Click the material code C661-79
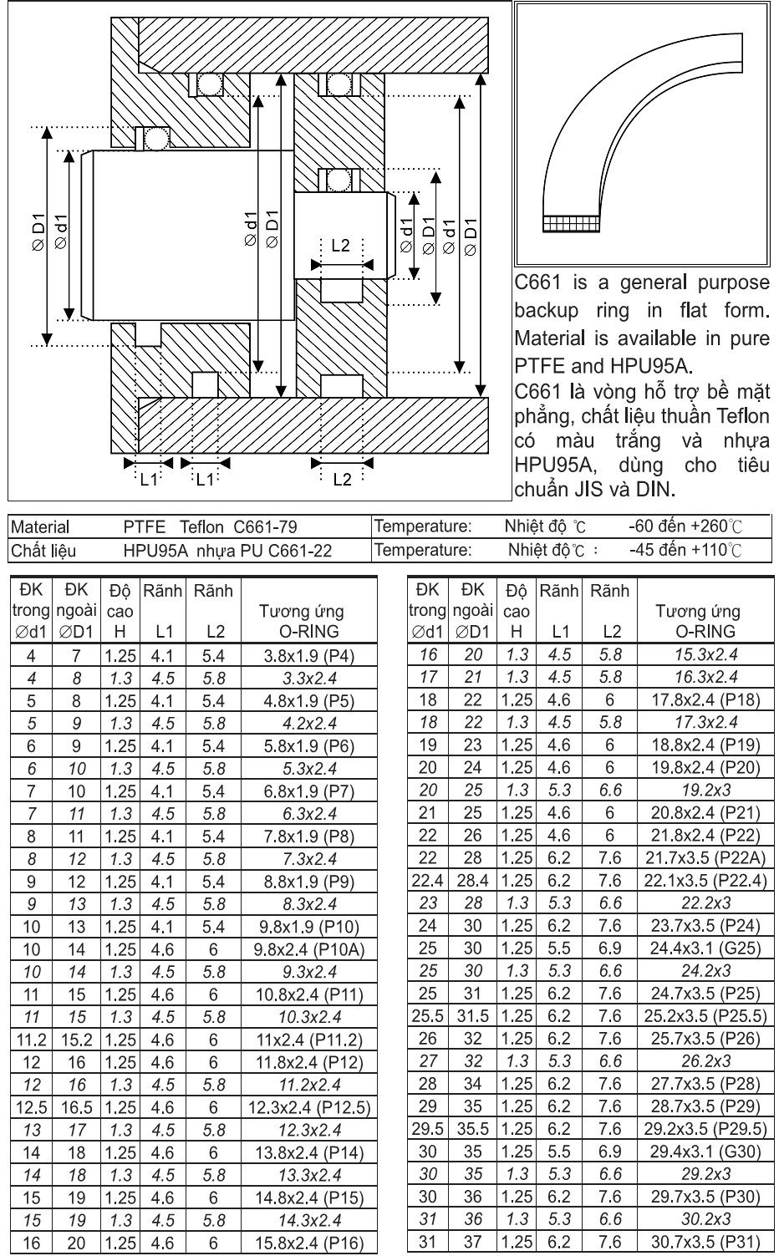pyautogui.click(x=266, y=527)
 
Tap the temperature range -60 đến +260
pyautogui.click(x=685, y=526)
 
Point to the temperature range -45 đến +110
pyautogui.click(x=685, y=551)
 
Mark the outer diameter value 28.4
pyautogui.click(x=473, y=880)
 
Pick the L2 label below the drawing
pyautogui.click(x=342, y=479)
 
